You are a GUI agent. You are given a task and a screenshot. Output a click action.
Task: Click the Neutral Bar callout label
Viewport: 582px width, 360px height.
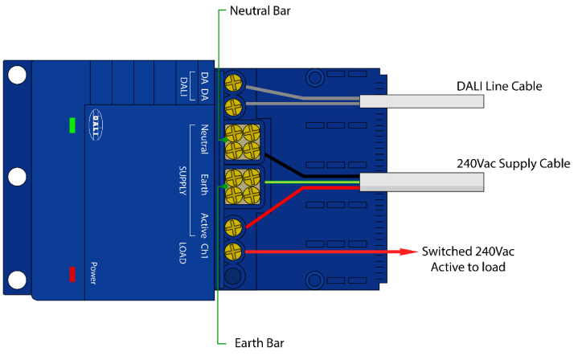pyautogui.click(x=260, y=10)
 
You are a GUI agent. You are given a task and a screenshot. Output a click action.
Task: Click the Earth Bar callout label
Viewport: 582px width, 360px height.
pyautogui.click(x=259, y=343)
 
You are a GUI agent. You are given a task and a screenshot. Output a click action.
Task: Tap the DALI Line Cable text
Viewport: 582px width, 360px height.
pyautogui.click(x=499, y=86)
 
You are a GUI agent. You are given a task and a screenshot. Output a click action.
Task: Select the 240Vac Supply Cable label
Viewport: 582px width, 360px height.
pyautogui.click(x=514, y=163)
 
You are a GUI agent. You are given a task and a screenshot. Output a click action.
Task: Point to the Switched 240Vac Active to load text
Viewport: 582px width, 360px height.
pyautogui.click(x=468, y=259)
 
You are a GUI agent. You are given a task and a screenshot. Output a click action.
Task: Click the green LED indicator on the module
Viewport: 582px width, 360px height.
pyautogui.click(x=72, y=125)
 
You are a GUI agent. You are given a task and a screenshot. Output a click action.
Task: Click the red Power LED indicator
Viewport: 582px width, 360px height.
pyautogui.click(x=72, y=274)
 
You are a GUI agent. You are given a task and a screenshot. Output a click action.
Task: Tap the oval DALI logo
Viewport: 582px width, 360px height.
pyautogui.click(x=96, y=125)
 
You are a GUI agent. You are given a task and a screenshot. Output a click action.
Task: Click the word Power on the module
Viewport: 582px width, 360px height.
pyautogui.click(x=93, y=273)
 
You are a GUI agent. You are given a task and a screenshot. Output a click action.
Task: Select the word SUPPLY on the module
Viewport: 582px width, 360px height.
pyautogui.click(x=182, y=180)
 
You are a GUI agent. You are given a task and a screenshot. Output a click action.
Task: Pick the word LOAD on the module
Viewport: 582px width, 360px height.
pyautogui.click(x=182, y=253)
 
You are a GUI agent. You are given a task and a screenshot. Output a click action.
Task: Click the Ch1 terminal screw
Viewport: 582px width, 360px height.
pyautogui.click(x=233, y=252)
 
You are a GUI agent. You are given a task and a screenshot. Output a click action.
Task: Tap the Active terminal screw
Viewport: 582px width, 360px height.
pyautogui.click(x=233, y=227)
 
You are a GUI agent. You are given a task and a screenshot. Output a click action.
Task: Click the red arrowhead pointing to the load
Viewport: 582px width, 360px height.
pyautogui.click(x=408, y=252)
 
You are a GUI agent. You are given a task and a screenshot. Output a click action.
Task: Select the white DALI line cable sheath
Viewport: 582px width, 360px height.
pyautogui.click(x=422, y=101)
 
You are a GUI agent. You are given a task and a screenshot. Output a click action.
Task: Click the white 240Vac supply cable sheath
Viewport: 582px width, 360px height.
pyautogui.click(x=422, y=182)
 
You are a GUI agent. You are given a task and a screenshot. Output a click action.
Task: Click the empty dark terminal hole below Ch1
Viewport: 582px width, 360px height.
pyautogui.click(x=233, y=276)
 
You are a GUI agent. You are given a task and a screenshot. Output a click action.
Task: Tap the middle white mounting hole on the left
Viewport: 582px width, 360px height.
pyautogui.click(x=17, y=177)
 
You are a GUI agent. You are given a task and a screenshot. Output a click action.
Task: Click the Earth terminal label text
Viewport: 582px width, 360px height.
pyautogui.click(x=204, y=185)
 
